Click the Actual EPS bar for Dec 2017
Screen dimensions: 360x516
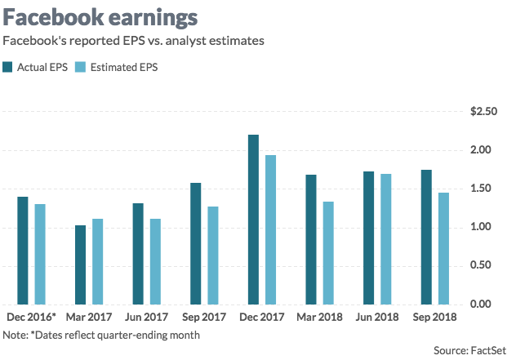[253, 219]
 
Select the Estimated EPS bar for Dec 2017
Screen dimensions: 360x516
[270, 229]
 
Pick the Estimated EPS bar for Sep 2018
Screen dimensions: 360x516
[443, 248]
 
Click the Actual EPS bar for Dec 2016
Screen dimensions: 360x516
[23, 250]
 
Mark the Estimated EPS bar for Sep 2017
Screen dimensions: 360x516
[213, 255]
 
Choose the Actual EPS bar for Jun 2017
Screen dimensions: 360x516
[138, 253]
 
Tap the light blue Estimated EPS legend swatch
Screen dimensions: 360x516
[80, 67]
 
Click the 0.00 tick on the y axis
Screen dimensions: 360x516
[486, 304]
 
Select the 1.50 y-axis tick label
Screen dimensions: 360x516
[486, 189]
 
